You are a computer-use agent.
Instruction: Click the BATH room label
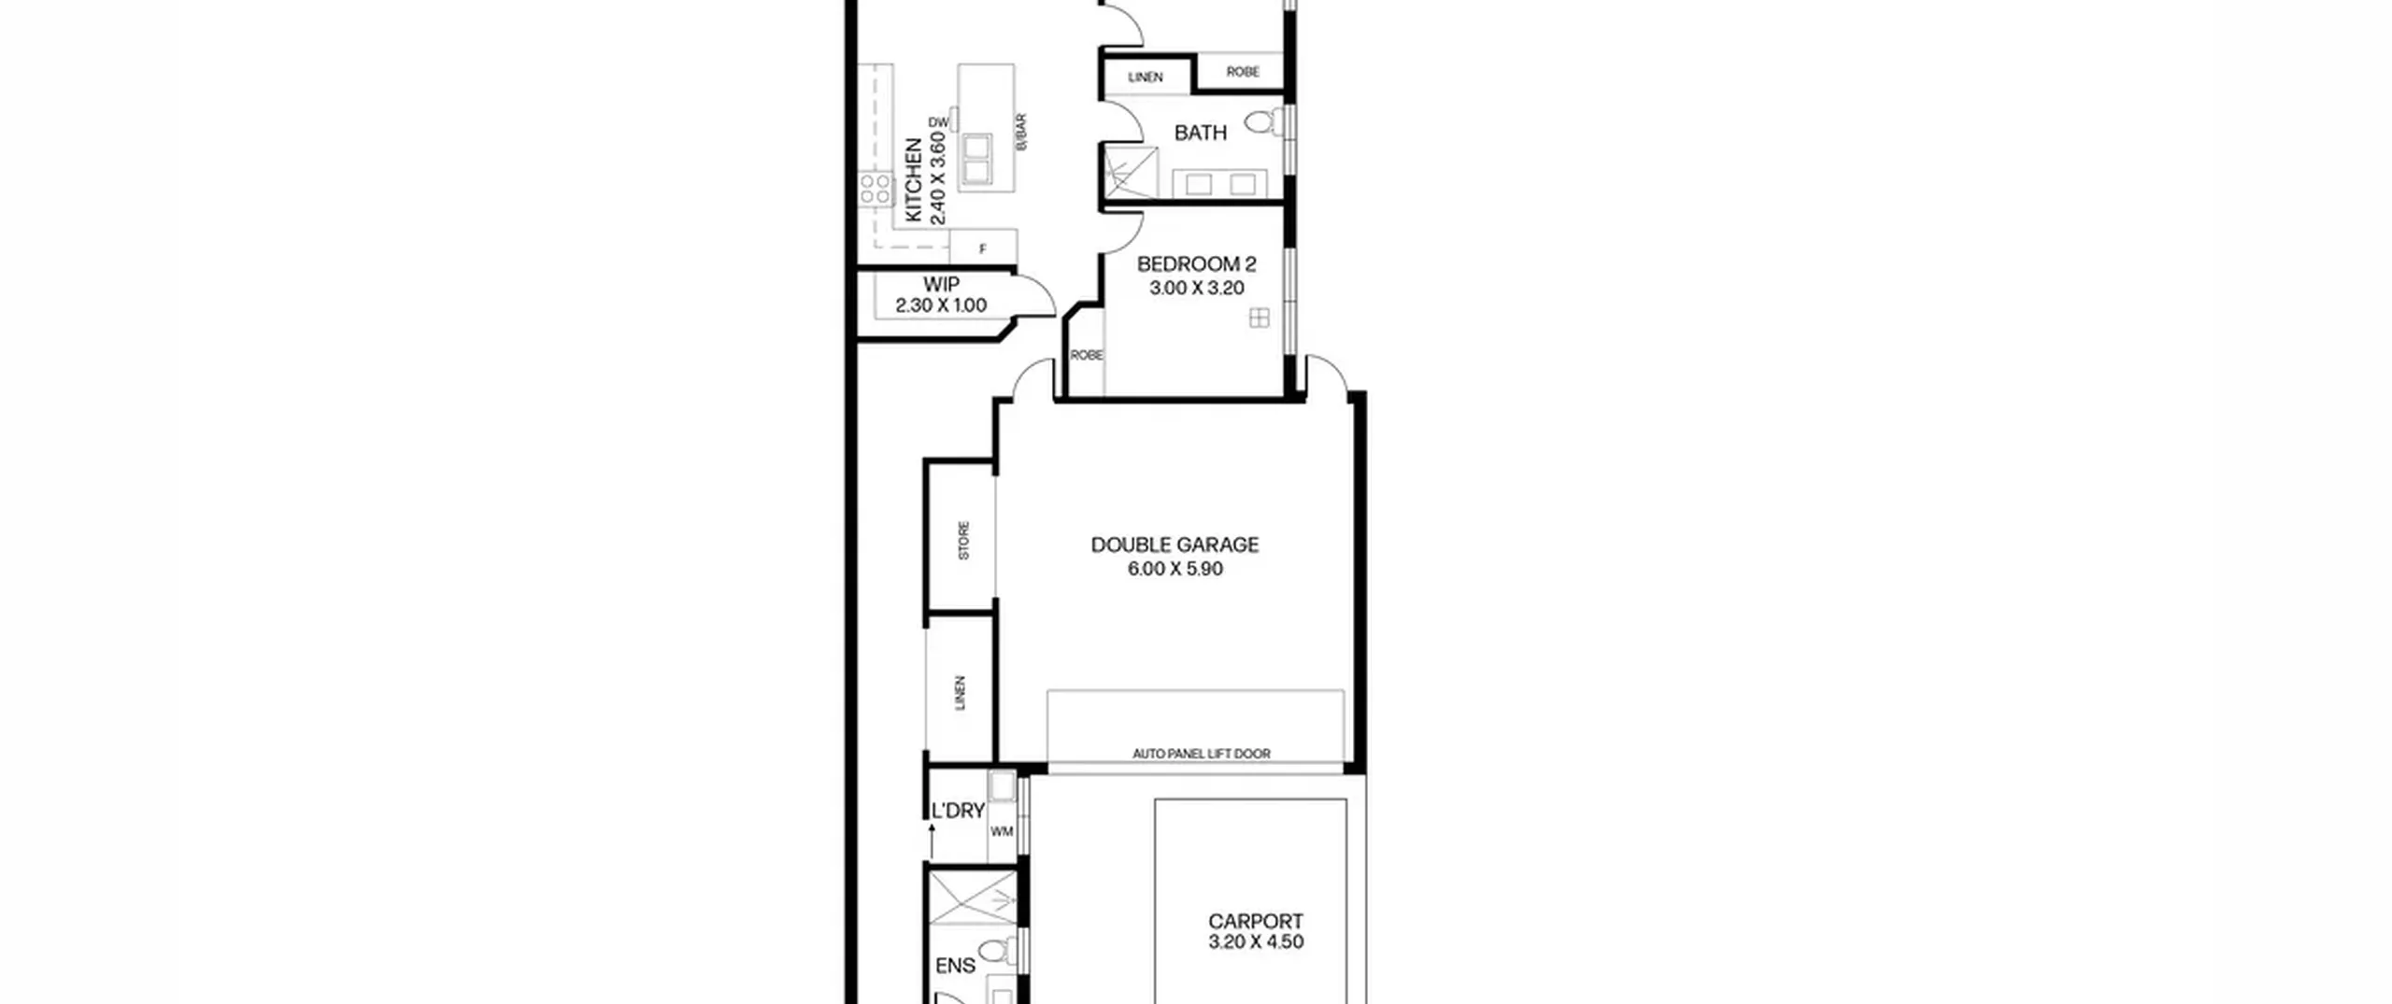click(x=1200, y=134)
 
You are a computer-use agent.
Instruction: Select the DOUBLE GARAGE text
click(x=1175, y=544)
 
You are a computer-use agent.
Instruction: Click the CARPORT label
click(x=1255, y=921)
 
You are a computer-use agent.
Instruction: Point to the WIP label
click(x=941, y=284)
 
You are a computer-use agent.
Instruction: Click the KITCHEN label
click(x=914, y=180)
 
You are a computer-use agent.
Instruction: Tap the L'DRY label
click(x=958, y=811)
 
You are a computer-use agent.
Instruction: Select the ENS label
click(x=955, y=966)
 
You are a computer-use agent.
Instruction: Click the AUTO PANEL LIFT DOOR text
click(x=1201, y=754)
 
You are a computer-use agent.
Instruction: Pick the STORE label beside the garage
click(x=963, y=541)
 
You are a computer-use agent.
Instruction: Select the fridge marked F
click(x=983, y=248)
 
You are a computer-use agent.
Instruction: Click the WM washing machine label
click(x=1002, y=831)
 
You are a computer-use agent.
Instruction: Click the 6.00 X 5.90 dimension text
click(x=1175, y=569)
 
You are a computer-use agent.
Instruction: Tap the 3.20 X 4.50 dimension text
click(x=1255, y=941)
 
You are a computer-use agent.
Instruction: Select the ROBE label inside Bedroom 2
click(x=1086, y=355)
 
